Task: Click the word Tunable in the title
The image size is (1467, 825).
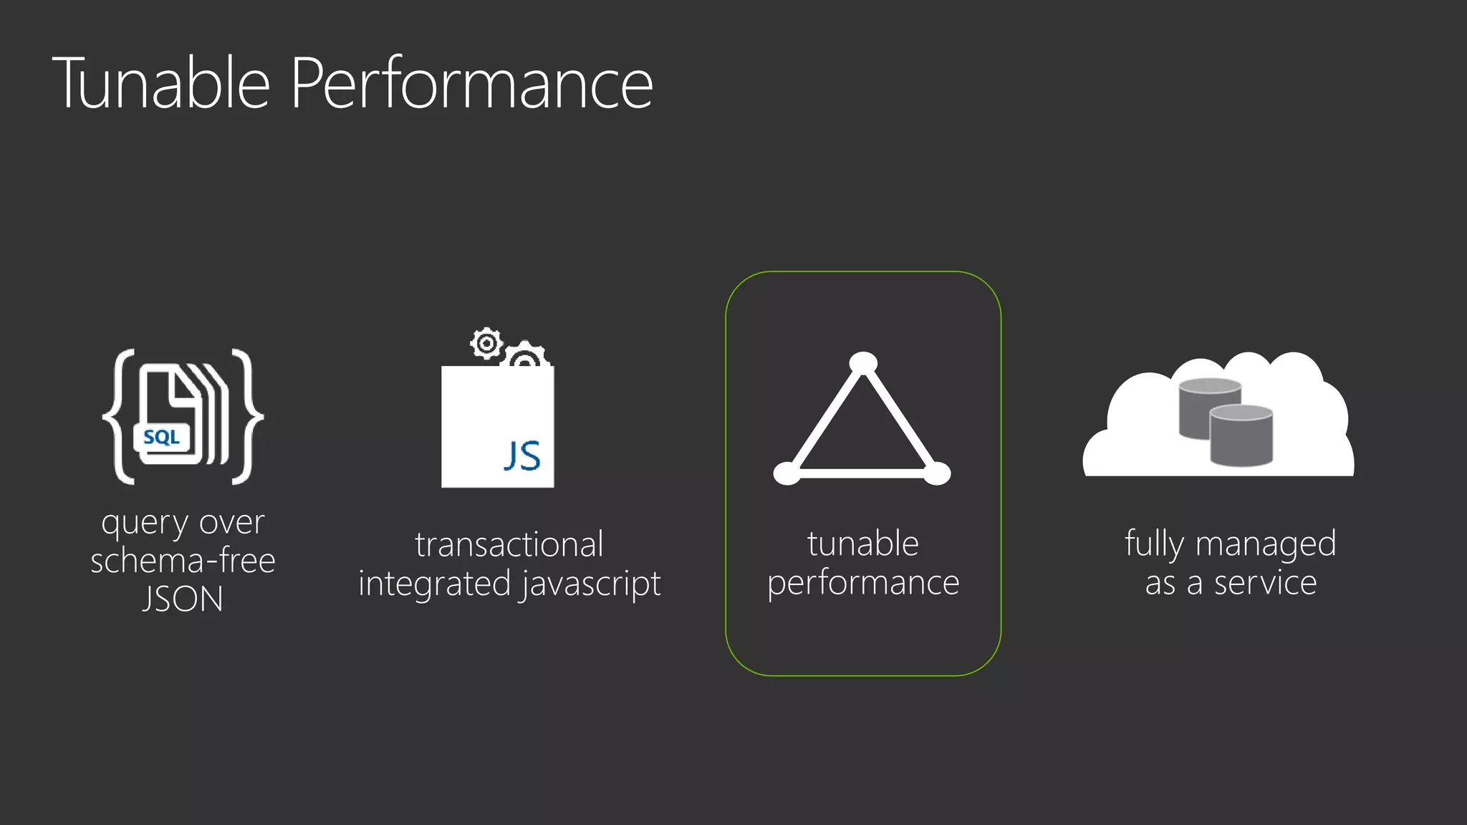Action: pos(161,84)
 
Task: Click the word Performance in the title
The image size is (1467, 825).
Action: pos(471,84)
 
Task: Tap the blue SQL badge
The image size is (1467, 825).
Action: pos(161,437)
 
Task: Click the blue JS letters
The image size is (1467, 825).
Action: pos(522,455)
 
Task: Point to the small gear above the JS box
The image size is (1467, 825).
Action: pos(487,344)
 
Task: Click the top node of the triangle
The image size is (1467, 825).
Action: pos(863,363)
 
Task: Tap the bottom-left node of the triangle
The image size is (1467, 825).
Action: pos(787,473)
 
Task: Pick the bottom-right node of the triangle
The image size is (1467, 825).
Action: pos(937,473)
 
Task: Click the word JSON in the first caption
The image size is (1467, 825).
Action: pos(183,599)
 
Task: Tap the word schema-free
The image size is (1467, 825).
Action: pos(183,561)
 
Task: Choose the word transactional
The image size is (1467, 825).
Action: pos(509,544)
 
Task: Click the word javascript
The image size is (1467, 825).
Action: pos(591,584)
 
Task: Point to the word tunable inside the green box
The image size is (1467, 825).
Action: pos(862,544)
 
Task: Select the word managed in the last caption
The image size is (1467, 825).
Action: pos(1265,544)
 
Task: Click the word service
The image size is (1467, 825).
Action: pos(1265,582)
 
